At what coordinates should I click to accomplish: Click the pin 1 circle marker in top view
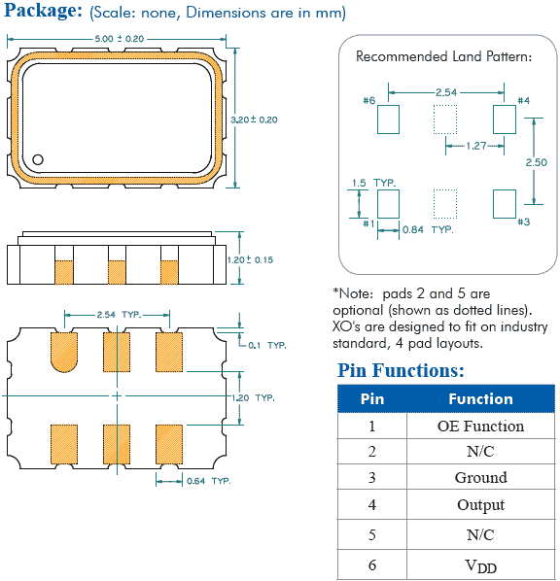pos(38,159)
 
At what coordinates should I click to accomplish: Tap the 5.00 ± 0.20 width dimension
pos(119,38)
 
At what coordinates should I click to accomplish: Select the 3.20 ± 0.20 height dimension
pos(254,119)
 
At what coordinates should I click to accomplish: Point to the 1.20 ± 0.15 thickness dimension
pos(254,260)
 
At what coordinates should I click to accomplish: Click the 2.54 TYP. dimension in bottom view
pos(120,315)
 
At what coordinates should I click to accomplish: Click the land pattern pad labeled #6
pos(388,120)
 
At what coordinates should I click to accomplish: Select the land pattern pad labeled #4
pos(505,120)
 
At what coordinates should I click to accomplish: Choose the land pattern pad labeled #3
pos(505,204)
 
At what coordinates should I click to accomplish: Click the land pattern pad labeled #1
pos(388,204)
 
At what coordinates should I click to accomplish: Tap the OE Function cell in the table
pos(480,426)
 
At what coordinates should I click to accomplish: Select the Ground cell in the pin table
pos(480,477)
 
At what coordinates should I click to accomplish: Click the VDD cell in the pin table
pos(480,564)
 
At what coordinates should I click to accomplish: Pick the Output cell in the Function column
pos(480,504)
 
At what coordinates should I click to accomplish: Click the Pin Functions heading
pos(401,370)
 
